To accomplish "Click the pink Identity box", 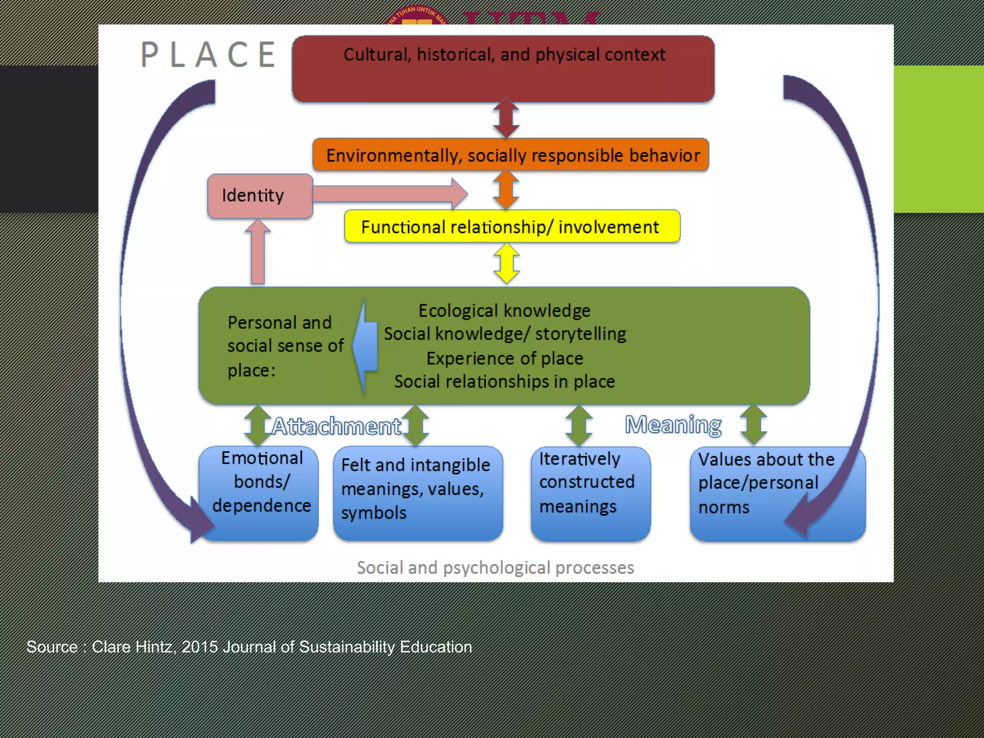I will click(x=260, y=196).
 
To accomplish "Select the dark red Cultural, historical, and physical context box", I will click(x=503, y=69).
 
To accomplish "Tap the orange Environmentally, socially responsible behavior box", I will click(x=511, y=155).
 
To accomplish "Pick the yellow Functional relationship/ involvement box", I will click(x=512, y=226).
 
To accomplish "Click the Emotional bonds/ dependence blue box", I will click(x=259, y=492).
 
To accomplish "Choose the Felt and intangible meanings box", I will click(x=418, y=492).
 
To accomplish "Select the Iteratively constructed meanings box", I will click(x=590, y=492).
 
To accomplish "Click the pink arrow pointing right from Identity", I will click(x=389, y=194).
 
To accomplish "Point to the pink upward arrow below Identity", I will click(x=258, y=252).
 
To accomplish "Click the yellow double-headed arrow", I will click(x=507, y=263).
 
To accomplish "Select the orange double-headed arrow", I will click(x=506, y=190).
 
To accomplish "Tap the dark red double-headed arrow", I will click(x=506, y=118).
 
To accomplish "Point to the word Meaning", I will click(x=673, y=425).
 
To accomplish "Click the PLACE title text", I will click(x=209, y=54).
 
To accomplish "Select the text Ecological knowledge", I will click(x=504, y=310).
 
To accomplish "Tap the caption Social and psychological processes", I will click(x=495, y=567).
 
